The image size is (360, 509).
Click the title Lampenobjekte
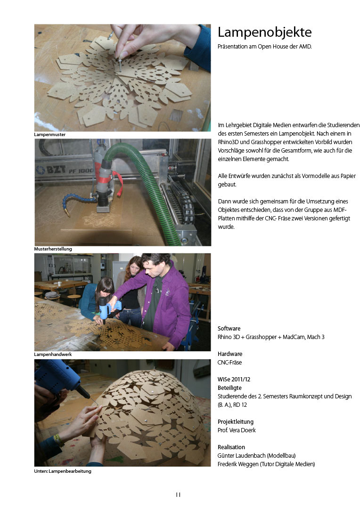[264, 32]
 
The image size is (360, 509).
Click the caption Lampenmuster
[49, 134]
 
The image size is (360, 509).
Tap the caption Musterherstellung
[53, 249]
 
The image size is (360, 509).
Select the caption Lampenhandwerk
[53, 354]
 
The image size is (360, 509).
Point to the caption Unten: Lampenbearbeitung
[63, 471]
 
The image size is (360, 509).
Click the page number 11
[178, 494]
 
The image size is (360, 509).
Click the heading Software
[229, 329]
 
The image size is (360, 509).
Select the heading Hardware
[230, 354]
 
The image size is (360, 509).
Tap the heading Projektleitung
[236, 422]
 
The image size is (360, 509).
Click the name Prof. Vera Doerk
[237, 430]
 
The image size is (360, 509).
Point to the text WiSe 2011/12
[234, 379]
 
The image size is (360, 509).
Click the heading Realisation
[231, 447]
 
